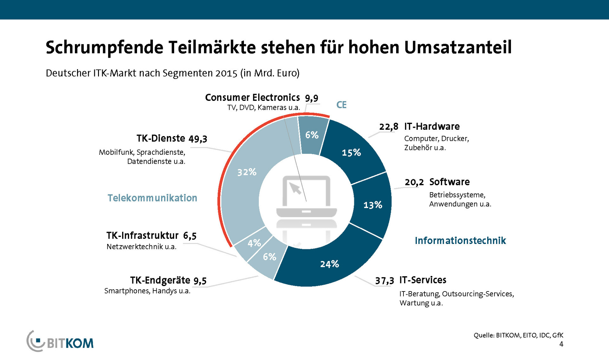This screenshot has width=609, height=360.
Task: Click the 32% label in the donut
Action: [x=247, y=172]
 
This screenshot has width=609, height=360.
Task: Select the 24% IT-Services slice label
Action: [x=330, y=264]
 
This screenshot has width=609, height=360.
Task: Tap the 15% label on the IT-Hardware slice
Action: [x=351, y=153]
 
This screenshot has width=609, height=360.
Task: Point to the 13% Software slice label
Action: [x=373, y=205]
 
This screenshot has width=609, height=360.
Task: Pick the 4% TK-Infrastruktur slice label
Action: [x=254, y=243]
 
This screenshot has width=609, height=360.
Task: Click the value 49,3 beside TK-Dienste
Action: [x=198, y=139]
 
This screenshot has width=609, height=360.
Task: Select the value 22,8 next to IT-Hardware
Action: [x=389, y=127]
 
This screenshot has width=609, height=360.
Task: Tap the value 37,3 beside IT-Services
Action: [x=384, y=281]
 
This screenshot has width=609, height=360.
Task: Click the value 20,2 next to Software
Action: [x=414, y=182]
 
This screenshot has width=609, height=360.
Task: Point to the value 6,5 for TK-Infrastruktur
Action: [x=190, y=236]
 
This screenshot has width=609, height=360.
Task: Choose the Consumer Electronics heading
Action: [x=252, y=97]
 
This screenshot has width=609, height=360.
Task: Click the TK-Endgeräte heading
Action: [x=160, y=280]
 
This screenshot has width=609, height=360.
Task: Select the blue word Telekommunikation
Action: [x=152, y=198]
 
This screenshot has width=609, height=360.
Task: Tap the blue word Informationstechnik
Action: [x=460, y=241]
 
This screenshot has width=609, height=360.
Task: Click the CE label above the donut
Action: [x=341, y=105]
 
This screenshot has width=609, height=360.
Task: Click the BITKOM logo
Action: [x=60, y=342]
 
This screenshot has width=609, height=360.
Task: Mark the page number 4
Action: [x=561, y=344]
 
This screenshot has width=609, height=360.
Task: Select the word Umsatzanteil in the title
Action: [x=458, y=48]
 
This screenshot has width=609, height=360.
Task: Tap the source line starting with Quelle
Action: [x=518, y=335]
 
